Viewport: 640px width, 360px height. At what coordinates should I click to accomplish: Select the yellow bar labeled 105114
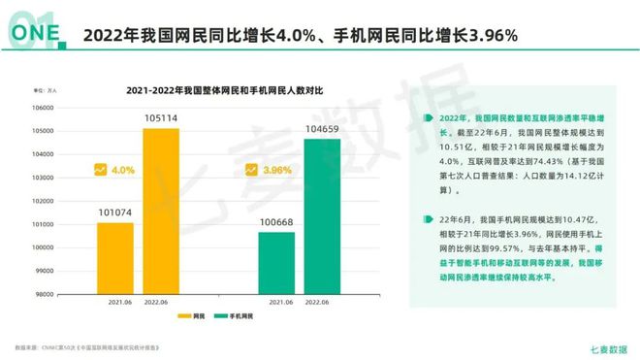160,209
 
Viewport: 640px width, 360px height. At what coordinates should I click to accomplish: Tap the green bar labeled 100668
276,261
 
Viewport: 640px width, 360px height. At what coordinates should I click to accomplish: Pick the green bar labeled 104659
321,214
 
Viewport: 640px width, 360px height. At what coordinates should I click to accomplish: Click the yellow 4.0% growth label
122,170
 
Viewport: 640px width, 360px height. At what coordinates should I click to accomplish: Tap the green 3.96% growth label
277,170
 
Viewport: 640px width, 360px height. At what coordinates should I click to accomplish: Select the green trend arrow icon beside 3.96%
250,170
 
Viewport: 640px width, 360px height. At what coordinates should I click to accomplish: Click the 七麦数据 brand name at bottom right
608,345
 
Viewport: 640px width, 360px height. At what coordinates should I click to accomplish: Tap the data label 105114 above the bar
160,119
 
